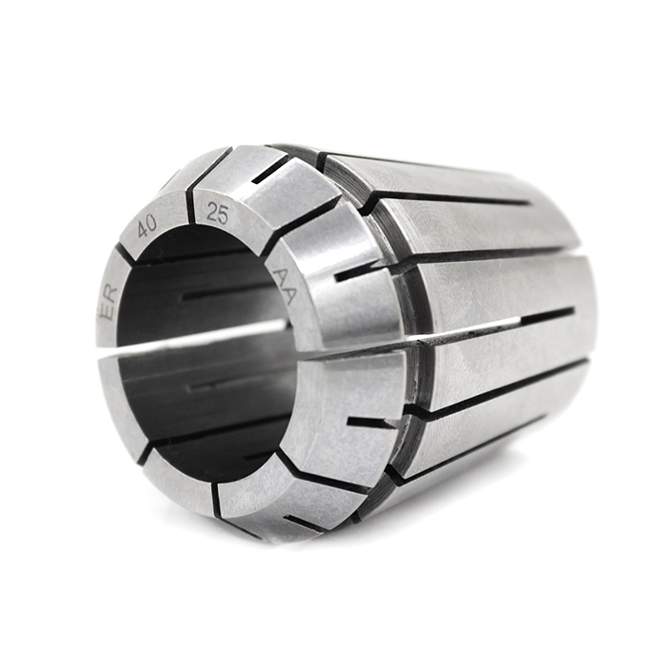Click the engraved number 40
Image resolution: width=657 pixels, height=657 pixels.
(147, 225)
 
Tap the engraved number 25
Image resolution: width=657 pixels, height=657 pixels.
(217, 213)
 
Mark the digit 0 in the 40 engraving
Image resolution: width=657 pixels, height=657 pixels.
(153, 221)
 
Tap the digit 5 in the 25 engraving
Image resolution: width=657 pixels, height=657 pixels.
(223, 214)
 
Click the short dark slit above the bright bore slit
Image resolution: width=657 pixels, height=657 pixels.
(225, 293)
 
